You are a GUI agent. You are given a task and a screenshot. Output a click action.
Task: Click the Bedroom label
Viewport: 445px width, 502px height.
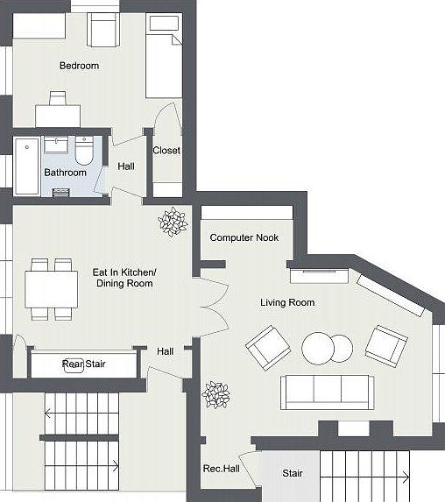point(79,66)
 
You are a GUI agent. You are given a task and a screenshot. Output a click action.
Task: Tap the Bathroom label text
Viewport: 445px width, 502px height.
point(66,173)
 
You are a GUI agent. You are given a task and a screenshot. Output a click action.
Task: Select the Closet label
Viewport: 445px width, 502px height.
point(166,151)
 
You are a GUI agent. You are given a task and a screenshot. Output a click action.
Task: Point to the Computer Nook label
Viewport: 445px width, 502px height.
point(244,237)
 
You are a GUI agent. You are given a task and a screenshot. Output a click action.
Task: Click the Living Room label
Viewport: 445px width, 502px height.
point(287,303)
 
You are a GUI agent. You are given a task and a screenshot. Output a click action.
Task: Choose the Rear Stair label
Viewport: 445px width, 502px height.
point(84,364)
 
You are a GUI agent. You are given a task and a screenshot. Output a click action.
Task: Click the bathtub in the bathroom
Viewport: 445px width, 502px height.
point(26,166)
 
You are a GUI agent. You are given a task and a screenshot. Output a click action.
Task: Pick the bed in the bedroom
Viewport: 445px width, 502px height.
point(163,56)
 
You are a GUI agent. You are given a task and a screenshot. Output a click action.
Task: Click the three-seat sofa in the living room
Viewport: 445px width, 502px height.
point(327,392)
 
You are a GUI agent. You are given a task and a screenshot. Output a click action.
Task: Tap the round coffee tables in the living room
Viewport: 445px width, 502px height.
point(325,348)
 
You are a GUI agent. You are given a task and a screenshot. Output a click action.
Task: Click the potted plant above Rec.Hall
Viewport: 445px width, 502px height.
point(215,394)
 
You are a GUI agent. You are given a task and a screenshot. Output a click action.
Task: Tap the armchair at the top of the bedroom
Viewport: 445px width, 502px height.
point(104,32)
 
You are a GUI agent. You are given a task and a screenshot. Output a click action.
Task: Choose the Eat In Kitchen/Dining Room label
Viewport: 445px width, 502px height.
point(124,278)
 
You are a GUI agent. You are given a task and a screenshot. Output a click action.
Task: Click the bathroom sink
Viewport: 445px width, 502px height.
point(59,146)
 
